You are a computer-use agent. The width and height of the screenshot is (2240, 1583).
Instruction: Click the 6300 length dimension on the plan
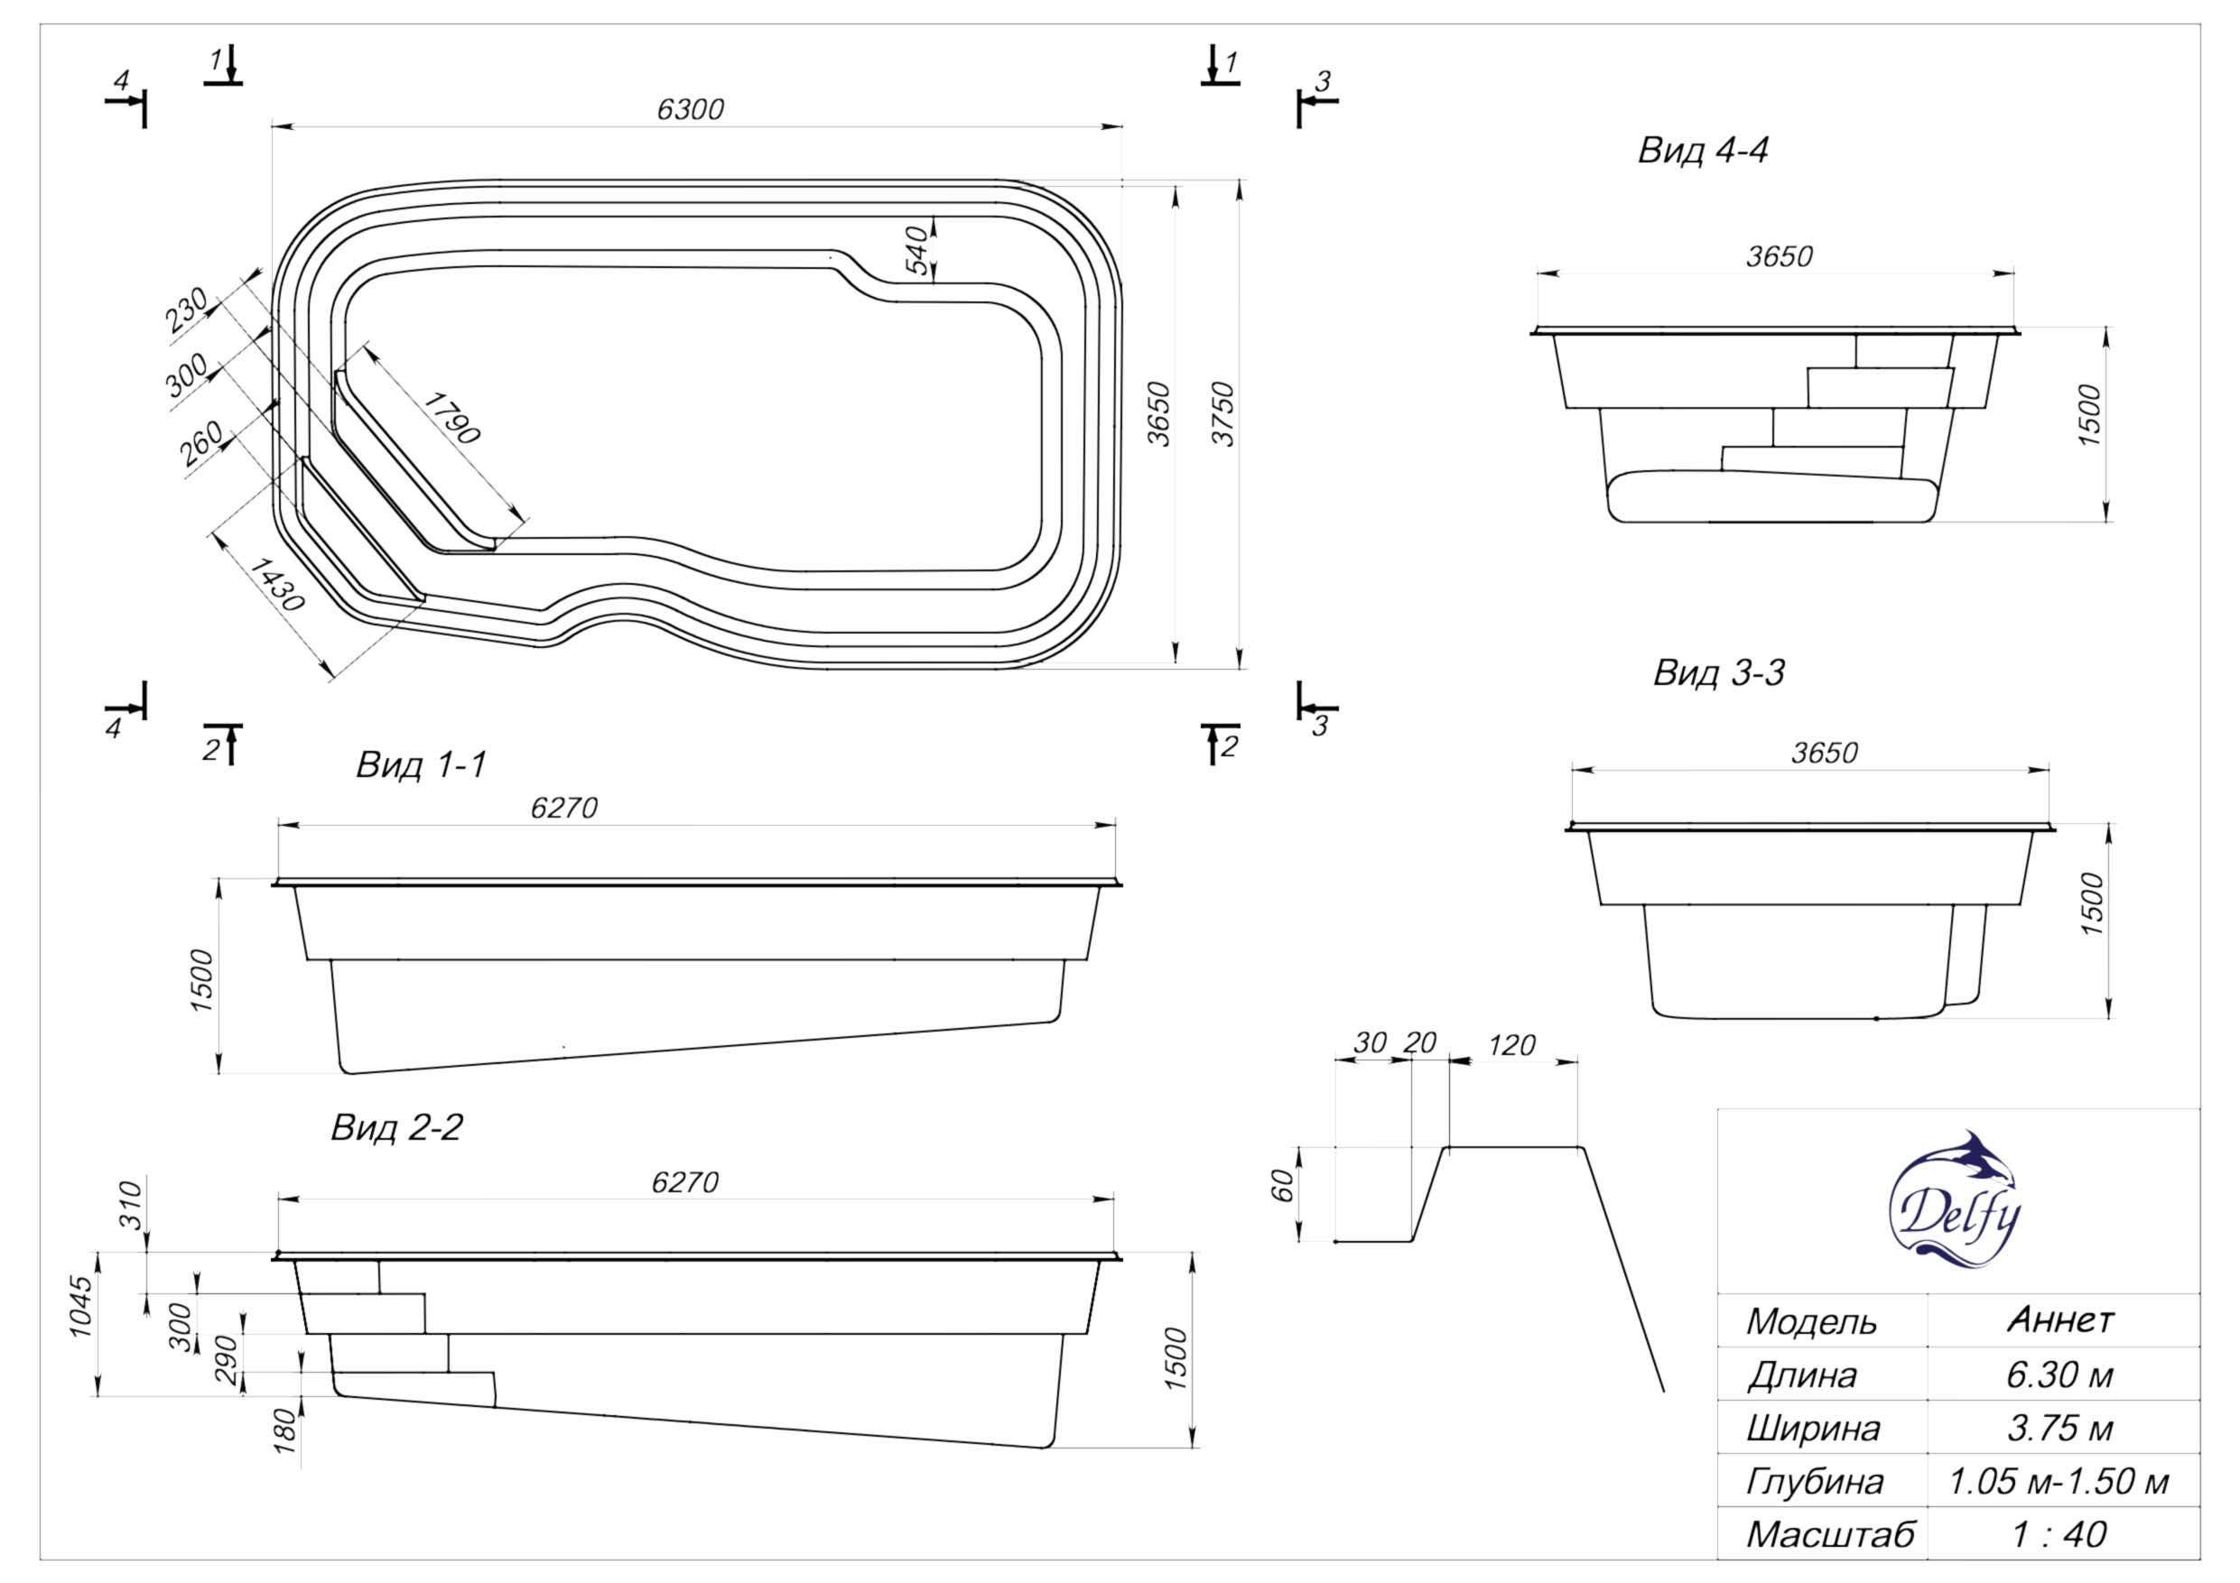click(690, 109)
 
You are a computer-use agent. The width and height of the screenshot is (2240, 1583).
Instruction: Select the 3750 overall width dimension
click(1223, 414)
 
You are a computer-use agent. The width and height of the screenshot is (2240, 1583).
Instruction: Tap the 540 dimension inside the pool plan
click(917, 250)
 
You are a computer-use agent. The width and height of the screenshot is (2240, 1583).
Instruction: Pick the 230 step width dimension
click(186, 310)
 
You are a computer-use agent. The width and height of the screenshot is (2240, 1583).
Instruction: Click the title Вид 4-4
click(1703, 152)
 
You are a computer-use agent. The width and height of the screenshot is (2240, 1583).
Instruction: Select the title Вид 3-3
click(1718, 673)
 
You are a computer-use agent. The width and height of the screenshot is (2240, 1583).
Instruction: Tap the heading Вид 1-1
click(421, 764)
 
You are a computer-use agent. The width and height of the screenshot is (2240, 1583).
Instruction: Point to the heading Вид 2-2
click(396, 1127)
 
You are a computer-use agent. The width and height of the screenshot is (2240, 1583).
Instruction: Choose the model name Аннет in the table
click(2060, 1319)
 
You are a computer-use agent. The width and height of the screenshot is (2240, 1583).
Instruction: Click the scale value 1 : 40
click(2059, 1534)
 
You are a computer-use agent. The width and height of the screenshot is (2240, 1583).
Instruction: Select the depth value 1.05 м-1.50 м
click(2059, 1481)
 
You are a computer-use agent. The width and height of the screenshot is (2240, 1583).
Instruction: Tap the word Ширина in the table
click(1813, 1428)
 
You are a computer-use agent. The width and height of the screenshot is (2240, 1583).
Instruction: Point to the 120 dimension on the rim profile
click(1512, 1046)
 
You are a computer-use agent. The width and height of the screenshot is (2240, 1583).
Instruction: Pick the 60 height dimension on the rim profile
click(1283, 1186)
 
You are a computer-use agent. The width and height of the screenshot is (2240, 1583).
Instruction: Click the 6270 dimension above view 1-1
click(564, 808)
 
